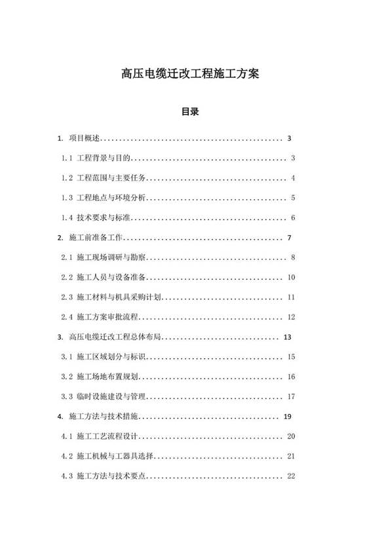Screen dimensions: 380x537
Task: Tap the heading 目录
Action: (190, 112)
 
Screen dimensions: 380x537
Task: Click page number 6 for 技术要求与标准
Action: (294, 218)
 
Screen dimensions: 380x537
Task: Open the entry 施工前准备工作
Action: (96, 238)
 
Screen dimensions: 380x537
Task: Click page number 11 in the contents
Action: (292, 297)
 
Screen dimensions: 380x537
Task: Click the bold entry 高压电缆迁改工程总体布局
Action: (115, 337)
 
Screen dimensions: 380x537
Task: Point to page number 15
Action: (292, 357)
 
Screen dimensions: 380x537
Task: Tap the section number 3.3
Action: (66, 397)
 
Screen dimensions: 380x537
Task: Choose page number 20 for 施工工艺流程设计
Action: (292, 436)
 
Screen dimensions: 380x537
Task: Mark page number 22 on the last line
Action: (292, 476)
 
